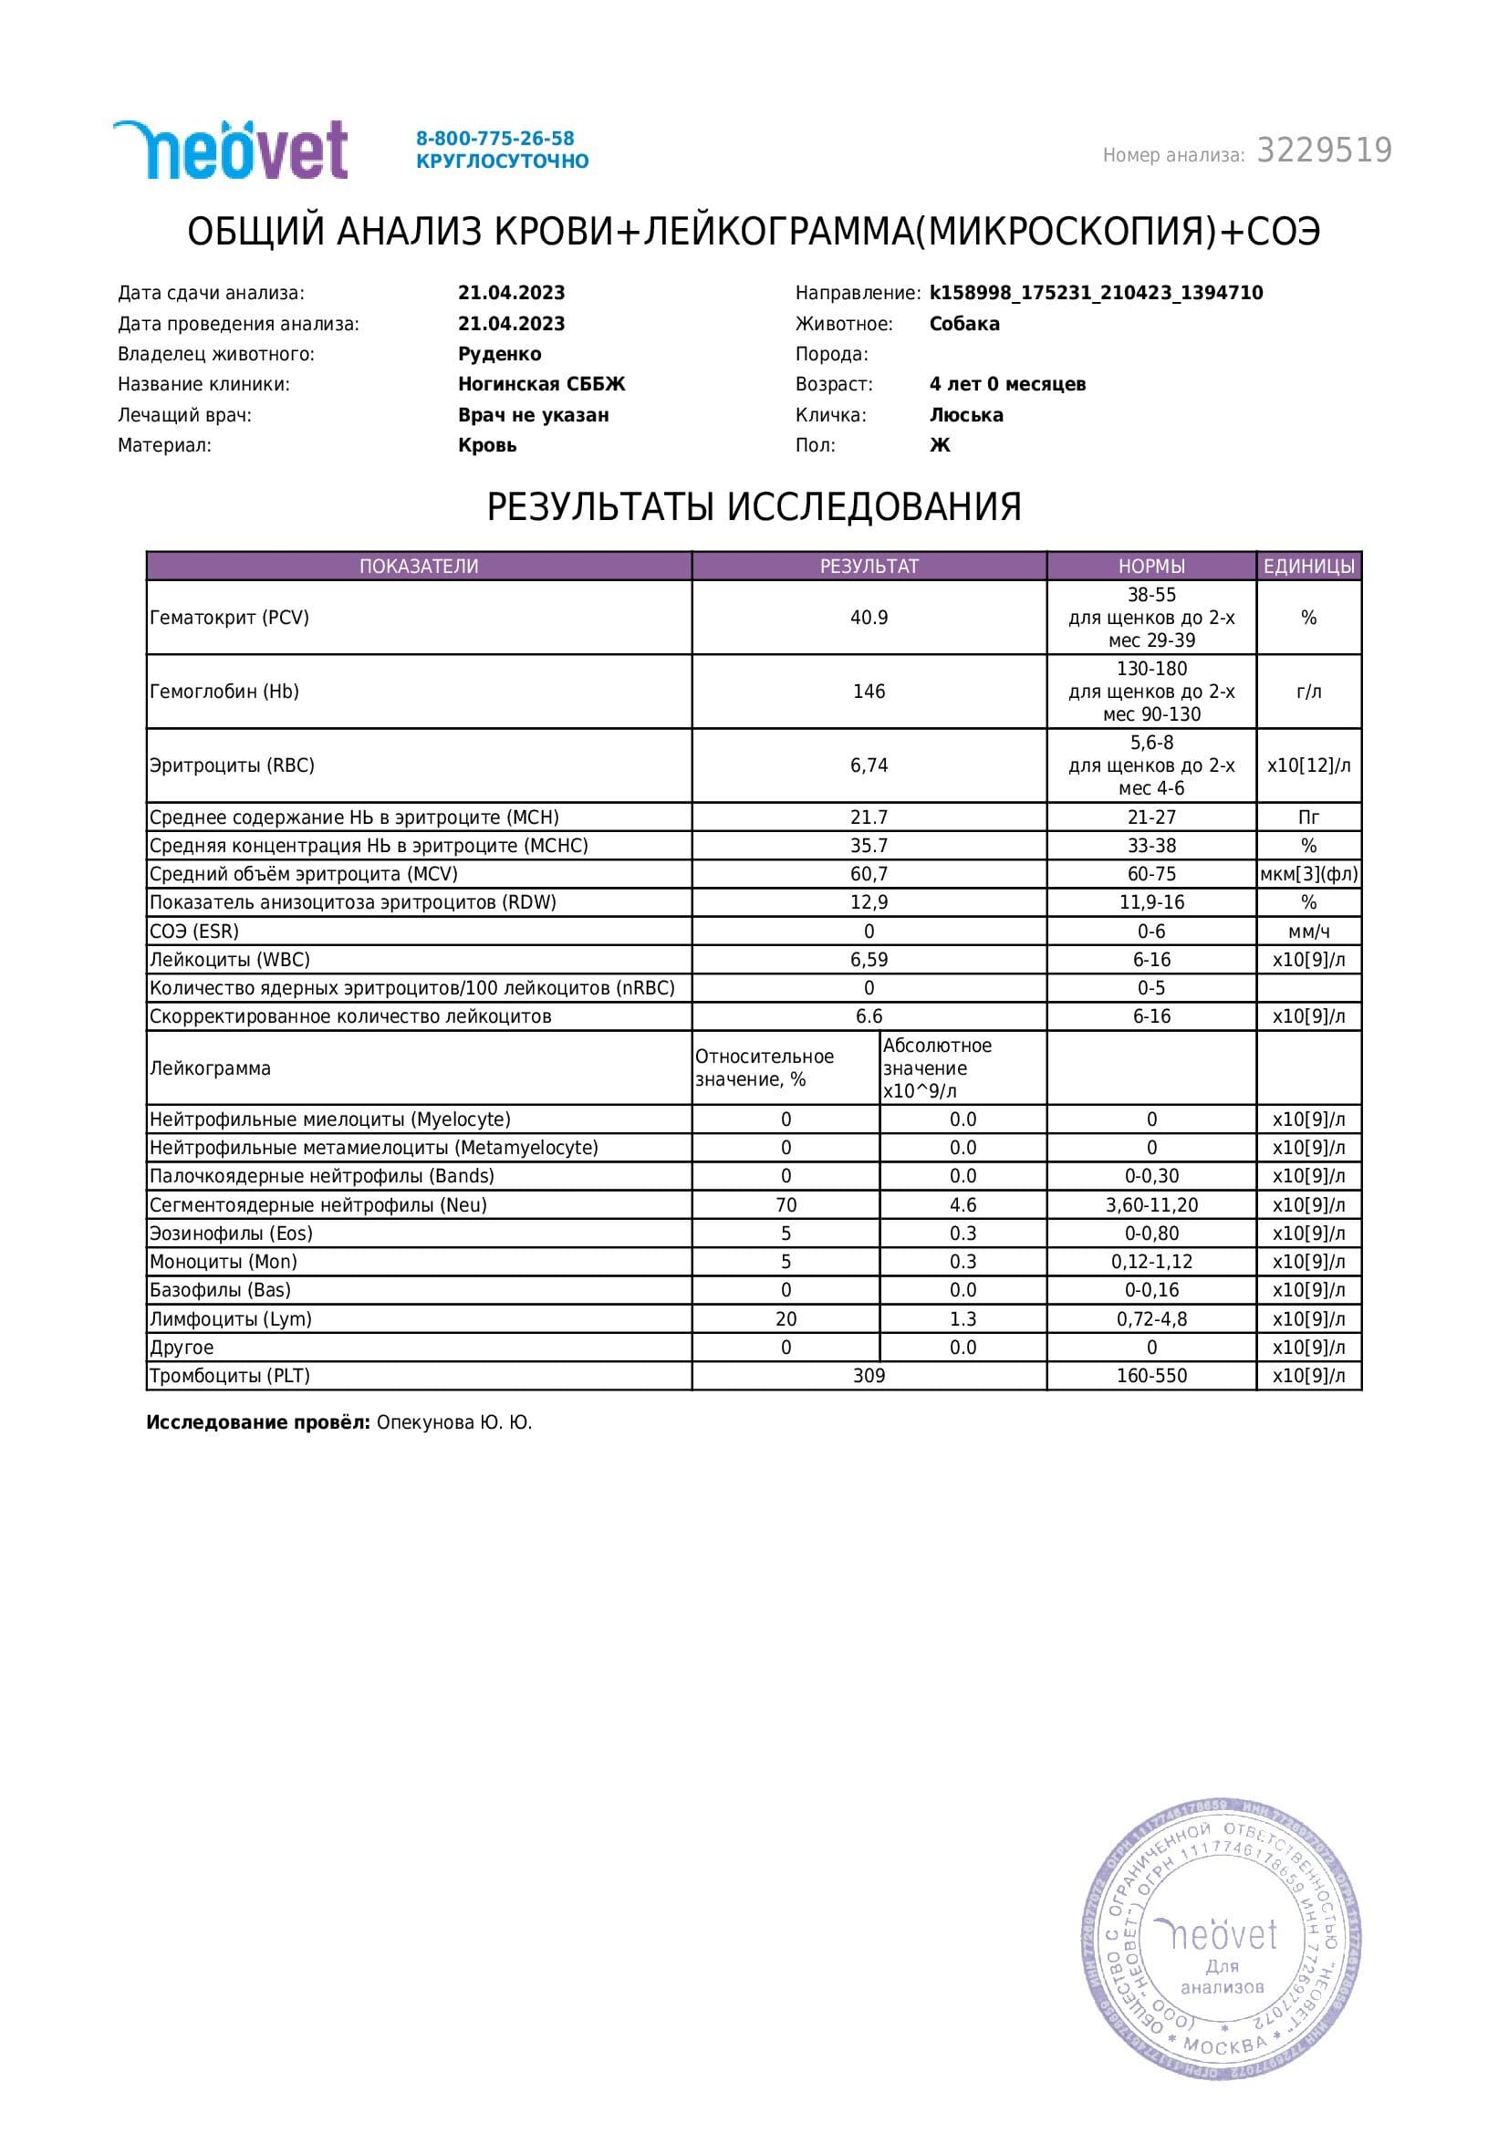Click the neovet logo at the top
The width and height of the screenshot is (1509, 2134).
pyautogui.click(x=231, y=150)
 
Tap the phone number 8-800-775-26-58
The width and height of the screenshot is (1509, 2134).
pyautogui.click(x=494, y=139)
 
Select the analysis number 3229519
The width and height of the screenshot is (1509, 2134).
pyautogui.click(x=1323, y=151)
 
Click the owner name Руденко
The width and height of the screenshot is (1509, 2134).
pyautogui.click(x=499, y=354)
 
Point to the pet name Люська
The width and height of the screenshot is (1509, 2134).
pyautogui.click(x=965, y=414)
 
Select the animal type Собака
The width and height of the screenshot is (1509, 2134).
pyautogui.click(x=963, y=324)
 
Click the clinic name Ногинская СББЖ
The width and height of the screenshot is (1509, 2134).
pyautogui.click(x=541, y=384)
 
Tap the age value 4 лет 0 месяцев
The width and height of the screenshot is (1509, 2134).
pyautogui.click(x=1006, y=384)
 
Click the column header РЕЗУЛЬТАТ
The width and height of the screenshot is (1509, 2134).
pyautogui.click(x=869, y=566)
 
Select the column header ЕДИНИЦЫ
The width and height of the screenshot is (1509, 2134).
pyautogui.click(x=1308, y=566)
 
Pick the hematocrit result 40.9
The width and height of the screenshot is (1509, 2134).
pyautogui.click(x=869, y=617)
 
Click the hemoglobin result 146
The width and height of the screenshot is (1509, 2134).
pyautogui.click(x=869, y=692)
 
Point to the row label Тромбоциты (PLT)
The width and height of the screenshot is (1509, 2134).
pyautogui.click(x=230, y=1376)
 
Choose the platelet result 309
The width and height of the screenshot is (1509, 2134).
pyautogui.click(x=869, y=1376)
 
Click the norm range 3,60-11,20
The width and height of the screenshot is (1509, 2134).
pyautogui.click(x=1151, y=1205)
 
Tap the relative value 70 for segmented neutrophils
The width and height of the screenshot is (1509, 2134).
pyautogui.click(x=786, y=1205)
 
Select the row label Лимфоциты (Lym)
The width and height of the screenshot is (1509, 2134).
pyautogui.click(x=231, y=1319)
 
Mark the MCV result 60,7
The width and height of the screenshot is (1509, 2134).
pyautogui.click(x=869, y=874)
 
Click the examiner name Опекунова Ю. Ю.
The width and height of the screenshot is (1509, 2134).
pyautogui.click(x=453, y=1423)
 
